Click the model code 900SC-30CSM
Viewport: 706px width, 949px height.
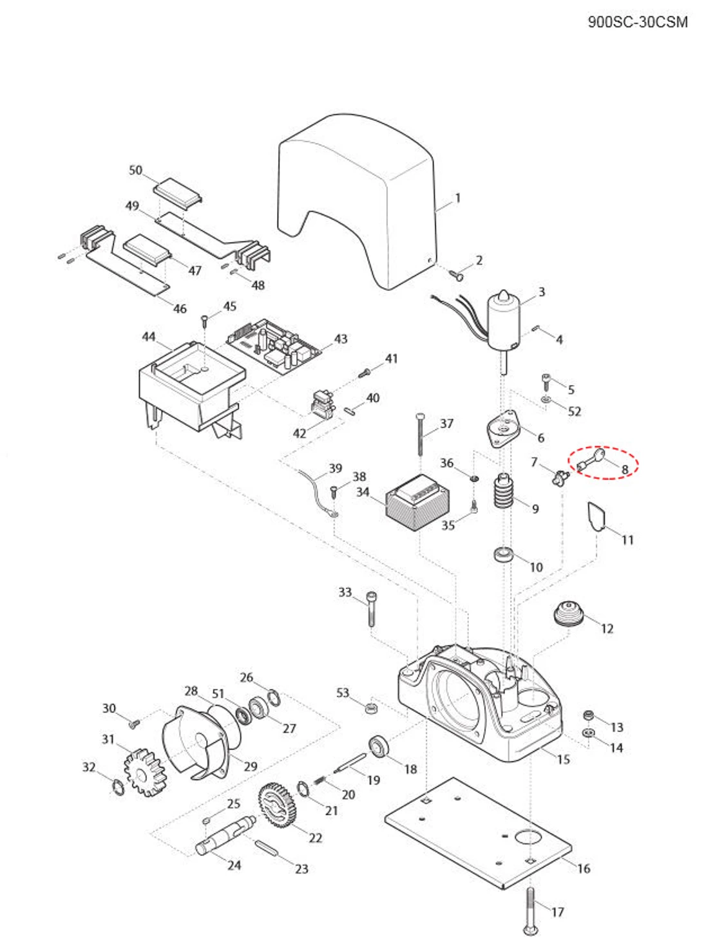pyautogui.click(x=637, y=22)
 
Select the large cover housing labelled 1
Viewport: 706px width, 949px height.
pyautogui.click(x=358, y=200)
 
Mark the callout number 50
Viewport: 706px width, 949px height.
pyautogui.click(x=135, y=170)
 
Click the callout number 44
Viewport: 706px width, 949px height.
pyautogui.click(x=149, y=337)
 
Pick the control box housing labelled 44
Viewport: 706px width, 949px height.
pyautogui.click(x=190, y=390)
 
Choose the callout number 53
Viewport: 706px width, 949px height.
pyautogui.click(x=343, y=693)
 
